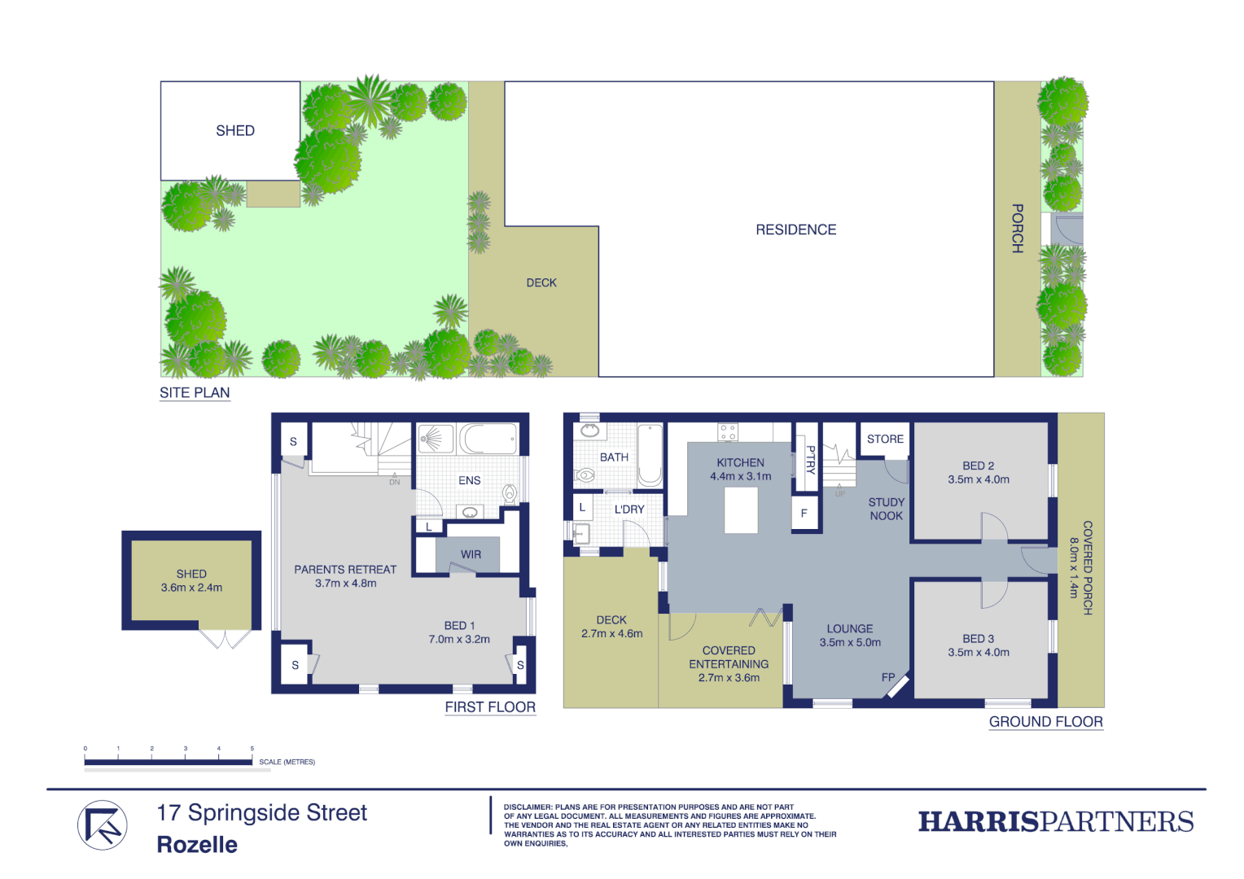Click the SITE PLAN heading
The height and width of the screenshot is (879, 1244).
click(195, 393)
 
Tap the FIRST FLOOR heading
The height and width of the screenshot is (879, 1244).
click(490, 707)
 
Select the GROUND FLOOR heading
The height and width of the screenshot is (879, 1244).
click(1045, 722)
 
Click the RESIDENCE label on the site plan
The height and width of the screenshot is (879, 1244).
click(795, 230)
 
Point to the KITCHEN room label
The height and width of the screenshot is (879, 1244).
click(740, 462)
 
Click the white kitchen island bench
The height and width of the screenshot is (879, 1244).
click(741, 510)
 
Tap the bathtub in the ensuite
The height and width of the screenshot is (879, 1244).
click(488, 439)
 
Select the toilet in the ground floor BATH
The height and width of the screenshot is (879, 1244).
click(585, 474)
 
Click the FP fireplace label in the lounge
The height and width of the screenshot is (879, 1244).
click(888, 677)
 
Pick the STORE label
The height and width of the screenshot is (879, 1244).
click(885, 439)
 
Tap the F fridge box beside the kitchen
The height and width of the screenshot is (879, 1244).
click(804, 514)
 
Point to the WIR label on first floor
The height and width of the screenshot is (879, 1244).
click(471, 554)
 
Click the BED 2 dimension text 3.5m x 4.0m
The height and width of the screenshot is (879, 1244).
click(979, 480)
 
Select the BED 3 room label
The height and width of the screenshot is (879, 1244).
click(979, 639)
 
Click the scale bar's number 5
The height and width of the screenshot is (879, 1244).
click(252, 749)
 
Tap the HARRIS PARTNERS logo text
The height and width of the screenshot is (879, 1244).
click(1056, 822)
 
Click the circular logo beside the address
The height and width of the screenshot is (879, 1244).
click(103, 825)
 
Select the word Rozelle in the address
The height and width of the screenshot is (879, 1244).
click(197, 845)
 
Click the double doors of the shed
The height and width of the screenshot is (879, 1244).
click(226, 639)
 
